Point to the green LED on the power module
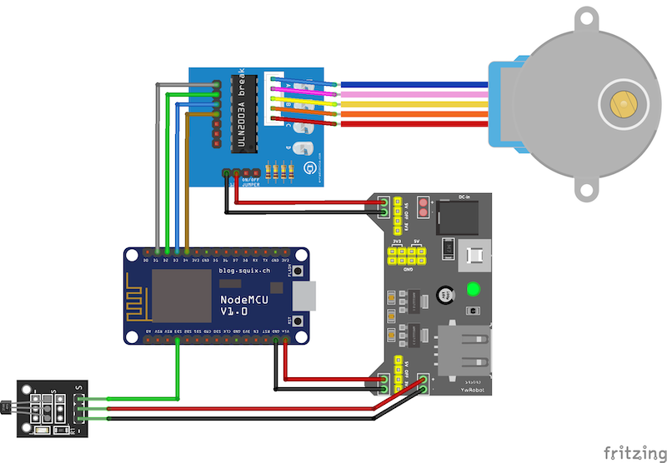click(474, 291)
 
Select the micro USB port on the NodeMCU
click(307, 295)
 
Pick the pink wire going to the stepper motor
click(409, 95)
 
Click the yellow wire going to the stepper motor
click(409, 105)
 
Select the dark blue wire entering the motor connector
click(409, 85)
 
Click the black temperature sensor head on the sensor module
click(6, 406)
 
